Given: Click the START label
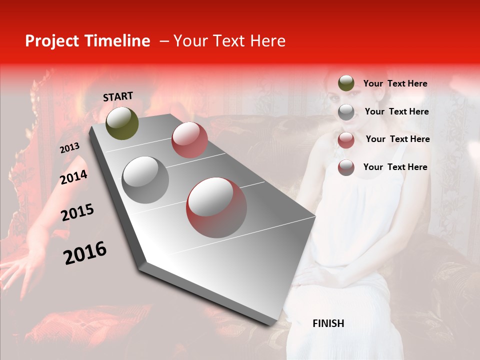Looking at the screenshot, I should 118,96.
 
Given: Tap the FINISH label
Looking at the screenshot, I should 328,323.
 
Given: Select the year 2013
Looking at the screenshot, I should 69,147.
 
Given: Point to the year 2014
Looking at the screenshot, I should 73,177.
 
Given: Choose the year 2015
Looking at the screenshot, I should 77,212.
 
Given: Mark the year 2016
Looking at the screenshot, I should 85,252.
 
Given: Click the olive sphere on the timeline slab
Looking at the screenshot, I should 122,123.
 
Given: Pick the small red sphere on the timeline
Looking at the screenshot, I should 189,140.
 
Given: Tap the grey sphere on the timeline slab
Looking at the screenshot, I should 145,179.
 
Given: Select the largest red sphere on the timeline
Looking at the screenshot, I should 216,207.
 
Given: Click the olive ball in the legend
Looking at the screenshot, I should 346,83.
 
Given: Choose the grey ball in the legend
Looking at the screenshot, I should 346,112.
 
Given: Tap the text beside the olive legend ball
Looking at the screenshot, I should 395,83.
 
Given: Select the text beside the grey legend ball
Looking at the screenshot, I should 396,111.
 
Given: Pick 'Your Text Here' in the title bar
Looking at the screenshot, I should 229,41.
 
